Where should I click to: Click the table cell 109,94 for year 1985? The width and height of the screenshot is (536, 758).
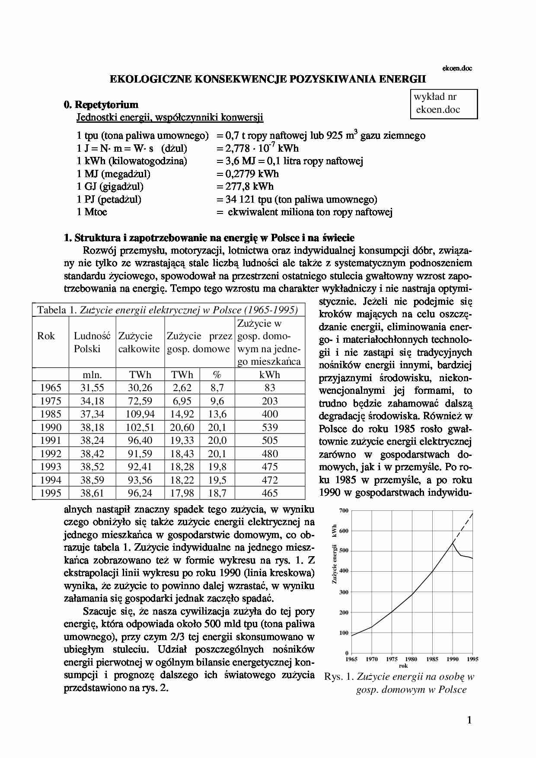140,414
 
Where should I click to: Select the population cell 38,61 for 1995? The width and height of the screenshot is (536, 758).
92,493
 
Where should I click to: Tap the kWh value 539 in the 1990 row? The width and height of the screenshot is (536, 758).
270,427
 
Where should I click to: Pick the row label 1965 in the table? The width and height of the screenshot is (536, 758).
51,388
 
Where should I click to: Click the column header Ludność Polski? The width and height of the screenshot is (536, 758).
92,342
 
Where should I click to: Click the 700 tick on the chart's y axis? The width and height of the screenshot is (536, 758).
344,510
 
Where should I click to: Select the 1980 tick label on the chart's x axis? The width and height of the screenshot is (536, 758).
412,659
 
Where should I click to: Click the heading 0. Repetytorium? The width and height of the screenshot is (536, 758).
101,105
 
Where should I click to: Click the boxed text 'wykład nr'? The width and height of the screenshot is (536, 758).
435,97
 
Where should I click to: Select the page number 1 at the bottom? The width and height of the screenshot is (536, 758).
469,720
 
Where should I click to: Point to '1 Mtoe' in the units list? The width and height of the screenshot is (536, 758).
92,212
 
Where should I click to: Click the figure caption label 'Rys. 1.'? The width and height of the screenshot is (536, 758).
339,677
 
